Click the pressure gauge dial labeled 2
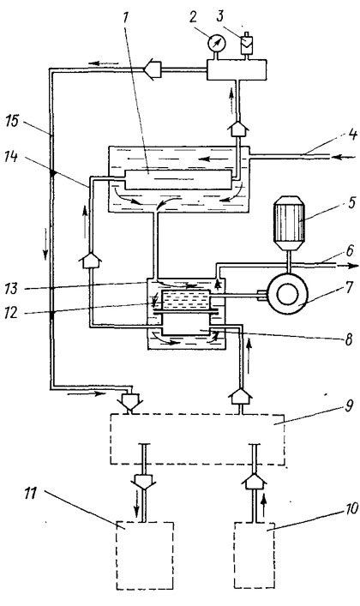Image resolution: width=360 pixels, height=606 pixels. click(215, 43)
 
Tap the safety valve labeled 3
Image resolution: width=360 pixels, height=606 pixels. click(246, 45)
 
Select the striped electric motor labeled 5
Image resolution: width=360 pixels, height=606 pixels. click(289, 221)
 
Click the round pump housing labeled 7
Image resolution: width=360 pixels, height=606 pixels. click(288, 295)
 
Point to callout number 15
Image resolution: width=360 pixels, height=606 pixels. click(12, 121)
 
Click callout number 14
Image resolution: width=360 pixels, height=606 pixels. click(11, 157)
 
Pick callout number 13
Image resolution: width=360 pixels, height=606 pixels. click(11, 289)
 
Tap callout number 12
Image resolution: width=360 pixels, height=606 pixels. click(12, 312)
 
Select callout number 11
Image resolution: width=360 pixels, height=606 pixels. click(31, 494)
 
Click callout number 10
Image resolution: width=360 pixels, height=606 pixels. click(351, 508)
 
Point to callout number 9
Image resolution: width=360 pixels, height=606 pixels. click(349, 406)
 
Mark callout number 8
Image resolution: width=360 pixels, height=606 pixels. click(348, 339)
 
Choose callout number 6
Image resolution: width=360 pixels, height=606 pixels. click(349, 251)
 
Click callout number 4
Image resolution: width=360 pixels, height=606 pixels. click(352, 135)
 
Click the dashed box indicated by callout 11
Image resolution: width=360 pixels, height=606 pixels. click(145, 555)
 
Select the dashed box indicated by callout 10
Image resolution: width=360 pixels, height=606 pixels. click(255, 555)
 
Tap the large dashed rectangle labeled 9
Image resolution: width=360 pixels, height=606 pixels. click(198, 439)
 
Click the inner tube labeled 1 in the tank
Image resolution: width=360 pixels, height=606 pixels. click(178, 179)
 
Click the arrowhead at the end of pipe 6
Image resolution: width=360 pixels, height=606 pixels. click(353, 266)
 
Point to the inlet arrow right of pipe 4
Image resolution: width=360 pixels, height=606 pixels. click(345, 157)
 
